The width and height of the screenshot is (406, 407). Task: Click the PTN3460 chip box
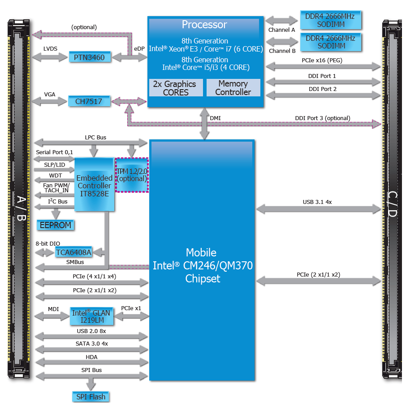coord(89,57)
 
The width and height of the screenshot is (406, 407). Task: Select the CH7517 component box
coord(89,102)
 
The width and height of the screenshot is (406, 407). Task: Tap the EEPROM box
coord(56,225)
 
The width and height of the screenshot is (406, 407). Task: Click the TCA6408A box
coord(74,252)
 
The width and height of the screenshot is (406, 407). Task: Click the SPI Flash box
coord(91,397)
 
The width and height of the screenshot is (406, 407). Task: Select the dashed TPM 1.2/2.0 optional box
coord(132,175)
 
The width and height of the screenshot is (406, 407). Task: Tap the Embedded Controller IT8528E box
coord(94,185)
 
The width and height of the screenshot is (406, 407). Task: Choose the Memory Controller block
coord(233,88)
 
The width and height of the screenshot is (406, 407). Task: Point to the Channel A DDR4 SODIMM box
coord(330,20)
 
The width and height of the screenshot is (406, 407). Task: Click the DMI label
coord(216,118)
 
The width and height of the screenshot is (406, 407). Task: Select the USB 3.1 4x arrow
coord(318,208)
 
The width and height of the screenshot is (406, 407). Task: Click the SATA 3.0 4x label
coord(92,343)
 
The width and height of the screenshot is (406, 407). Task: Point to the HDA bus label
coord(91,357)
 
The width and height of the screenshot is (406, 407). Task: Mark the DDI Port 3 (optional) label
coord(323,118)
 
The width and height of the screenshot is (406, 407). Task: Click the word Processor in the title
coord(204,25)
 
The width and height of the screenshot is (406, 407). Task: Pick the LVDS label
coord(50,48)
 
